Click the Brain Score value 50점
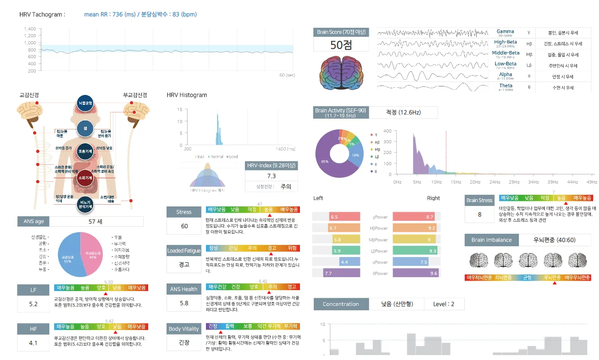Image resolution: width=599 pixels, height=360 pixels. click(341, 45)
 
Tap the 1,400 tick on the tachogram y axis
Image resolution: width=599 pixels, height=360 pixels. click(30, 29)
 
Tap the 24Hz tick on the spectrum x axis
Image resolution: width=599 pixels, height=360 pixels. click(495, 182)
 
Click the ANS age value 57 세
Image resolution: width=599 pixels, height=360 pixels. click(96, 222)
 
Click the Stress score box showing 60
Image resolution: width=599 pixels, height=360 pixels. click(184, 226)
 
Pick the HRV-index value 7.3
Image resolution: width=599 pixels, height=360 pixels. click(271, 176)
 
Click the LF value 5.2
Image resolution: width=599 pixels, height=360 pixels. click(34, 304)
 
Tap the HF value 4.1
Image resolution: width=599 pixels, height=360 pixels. click(34, 343)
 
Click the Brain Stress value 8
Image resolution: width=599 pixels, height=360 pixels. click(479, 214)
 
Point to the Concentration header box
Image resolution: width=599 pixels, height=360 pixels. click(341, 304)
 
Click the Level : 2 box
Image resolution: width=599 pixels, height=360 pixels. click(443, 304)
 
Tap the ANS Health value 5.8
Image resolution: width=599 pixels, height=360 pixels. click(184, 303)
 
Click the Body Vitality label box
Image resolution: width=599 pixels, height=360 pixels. click(184, 329)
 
